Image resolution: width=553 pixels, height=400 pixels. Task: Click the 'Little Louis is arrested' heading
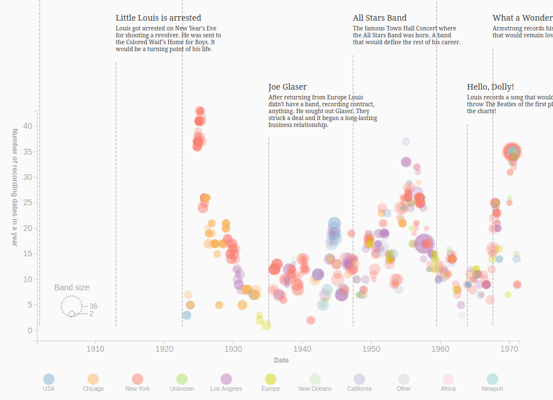click(x=158, y=18)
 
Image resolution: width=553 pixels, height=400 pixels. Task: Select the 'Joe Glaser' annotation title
click(x=288, y=87)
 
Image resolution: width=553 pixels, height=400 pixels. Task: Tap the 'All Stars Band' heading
click(x=380, y=18)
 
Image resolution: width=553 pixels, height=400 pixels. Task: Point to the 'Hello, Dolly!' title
click(x=490, y=87)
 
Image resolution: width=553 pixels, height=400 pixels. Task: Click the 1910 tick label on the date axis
click(x=95, y=349)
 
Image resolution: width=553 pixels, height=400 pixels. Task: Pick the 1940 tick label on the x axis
click(x=302, y=349)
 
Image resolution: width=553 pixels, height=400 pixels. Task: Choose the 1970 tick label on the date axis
click(x=509, y=349)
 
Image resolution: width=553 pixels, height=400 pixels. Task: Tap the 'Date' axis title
click(x=281, y=360)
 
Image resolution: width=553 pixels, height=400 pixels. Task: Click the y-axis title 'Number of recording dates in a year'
click(x=16, y=188)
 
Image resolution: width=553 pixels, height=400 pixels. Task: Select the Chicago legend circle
click(x=93, y=379)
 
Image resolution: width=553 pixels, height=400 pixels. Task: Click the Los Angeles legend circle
click(x=226, y=379)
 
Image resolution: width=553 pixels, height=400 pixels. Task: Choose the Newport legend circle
click(x=492, y=379)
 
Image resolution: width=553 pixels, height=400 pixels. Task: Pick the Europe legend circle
click(x=270, y=379)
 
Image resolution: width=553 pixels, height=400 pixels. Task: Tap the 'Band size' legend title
click(x=72, y=287)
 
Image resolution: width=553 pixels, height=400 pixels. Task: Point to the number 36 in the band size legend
click(x=93, y=306)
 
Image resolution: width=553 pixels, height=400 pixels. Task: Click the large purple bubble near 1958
click(x=424, y=244)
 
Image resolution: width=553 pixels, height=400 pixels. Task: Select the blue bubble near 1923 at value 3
click(x=187, y=315)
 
